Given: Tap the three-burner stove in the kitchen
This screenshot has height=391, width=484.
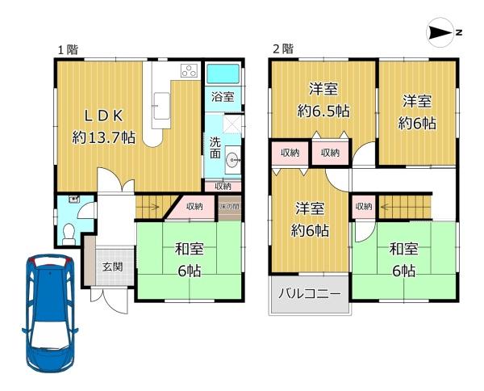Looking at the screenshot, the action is tap(189, 71).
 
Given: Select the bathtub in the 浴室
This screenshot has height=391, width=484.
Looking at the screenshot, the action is tap(223, 74).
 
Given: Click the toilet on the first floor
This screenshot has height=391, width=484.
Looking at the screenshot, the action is tap(69, 234).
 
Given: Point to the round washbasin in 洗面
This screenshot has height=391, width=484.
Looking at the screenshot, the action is tap(232, 160).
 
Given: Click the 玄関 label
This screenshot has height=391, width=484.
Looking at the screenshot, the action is tap(113, 267).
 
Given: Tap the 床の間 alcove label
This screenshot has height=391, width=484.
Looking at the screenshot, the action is tap(230, 206).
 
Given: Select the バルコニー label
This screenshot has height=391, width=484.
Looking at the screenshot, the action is tap(310, 293).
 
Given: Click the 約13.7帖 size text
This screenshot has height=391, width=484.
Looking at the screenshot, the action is tap(104, 137).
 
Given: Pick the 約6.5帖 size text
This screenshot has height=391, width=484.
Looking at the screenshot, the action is tap(323, 111).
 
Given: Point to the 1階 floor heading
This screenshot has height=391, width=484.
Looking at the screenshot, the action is tap(69, 49).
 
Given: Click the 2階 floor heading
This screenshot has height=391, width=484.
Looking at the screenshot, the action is tap(283, 48).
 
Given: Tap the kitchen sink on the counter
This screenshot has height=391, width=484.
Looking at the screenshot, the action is tap(161, 105).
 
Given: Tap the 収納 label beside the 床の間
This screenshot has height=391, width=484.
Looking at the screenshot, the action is tap(194, 206).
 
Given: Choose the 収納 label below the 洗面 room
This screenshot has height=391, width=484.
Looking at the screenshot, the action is tap(223, 186).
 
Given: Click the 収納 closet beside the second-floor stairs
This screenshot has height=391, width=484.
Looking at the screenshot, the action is tap(364, 207).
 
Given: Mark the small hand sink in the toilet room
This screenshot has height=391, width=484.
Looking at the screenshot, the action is tap(73, 199).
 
